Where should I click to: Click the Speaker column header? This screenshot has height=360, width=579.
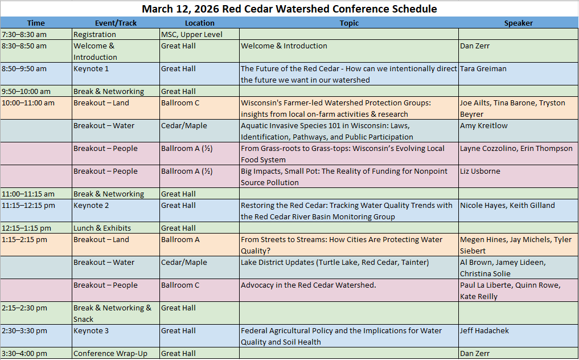(x=518, y=23)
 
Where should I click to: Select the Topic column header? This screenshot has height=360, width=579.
(x=349, y=23)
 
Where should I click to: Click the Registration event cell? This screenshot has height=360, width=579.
(x=95, y=35)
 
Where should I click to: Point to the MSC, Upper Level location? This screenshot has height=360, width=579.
(x=191, y=35)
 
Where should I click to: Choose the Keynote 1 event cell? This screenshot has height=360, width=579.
(x=91, y=69)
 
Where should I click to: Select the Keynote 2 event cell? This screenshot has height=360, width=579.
(x=91, y=206)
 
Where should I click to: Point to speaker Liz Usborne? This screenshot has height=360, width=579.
(x=481, y=171)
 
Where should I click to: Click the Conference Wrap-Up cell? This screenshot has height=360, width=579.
(x=110, y=354)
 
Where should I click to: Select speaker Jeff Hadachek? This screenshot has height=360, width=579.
(x=484, y=331)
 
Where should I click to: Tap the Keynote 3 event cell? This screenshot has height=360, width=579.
(x=91, y=331)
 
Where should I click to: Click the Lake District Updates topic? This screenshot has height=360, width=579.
(x=335, y=263)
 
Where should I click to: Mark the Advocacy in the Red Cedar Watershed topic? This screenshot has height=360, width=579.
(x=308, y=285)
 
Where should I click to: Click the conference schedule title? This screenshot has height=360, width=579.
(x=289, y=9)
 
